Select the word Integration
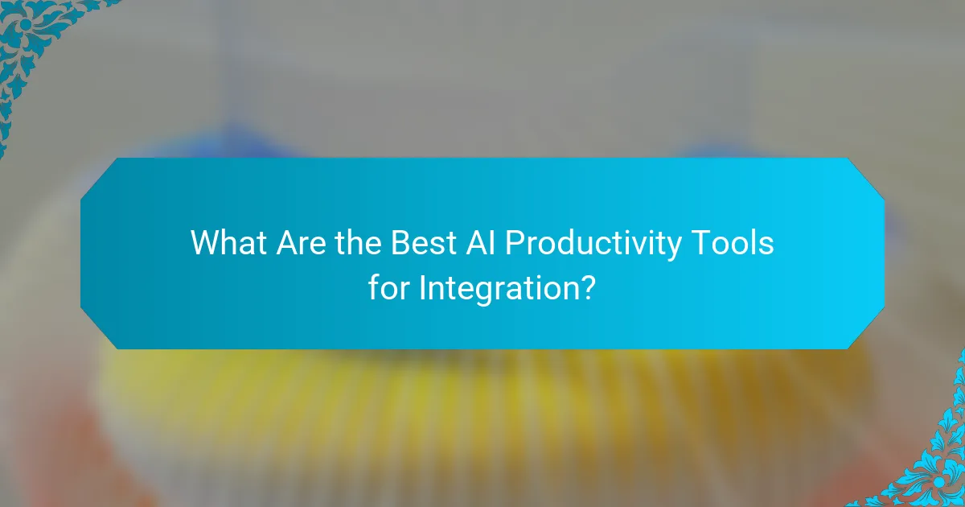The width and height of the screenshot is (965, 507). [498, 288]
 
